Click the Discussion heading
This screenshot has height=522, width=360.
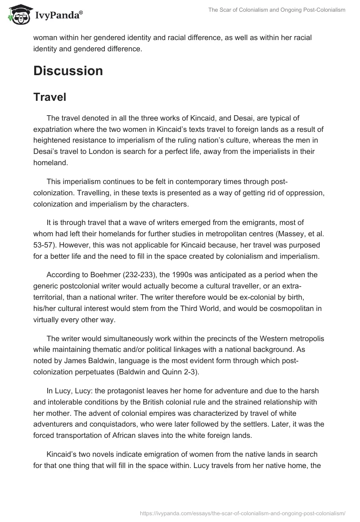68,71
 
